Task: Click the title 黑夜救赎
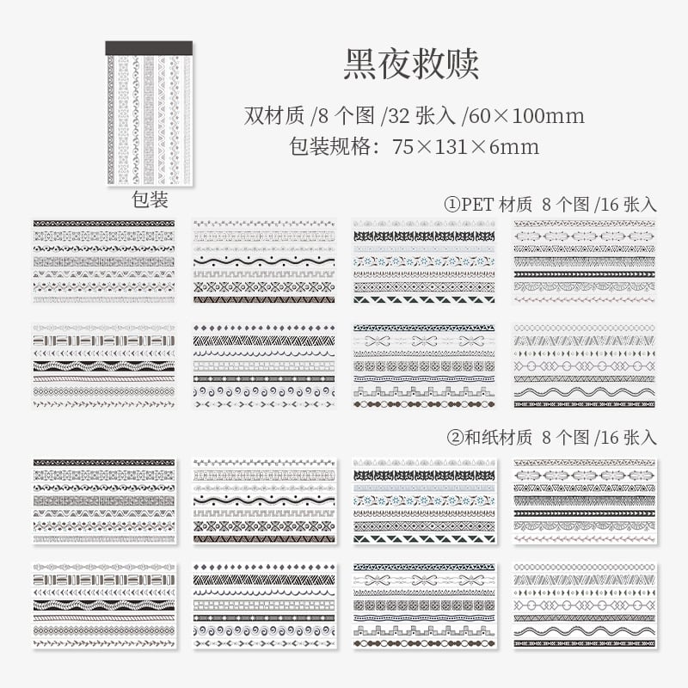[410, 64]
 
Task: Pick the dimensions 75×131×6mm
[465, 146]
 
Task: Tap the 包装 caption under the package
[149, 200]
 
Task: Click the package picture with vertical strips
[149, 116]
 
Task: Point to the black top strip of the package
[149, 49]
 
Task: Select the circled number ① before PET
[452, 204]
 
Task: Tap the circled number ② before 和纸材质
[452, 438]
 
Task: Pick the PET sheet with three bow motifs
[424, 365]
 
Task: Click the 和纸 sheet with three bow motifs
[424, 605]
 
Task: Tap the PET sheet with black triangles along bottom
[424, 261]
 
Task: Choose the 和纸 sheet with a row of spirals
[264, 605]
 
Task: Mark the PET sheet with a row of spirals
[264, 365]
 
